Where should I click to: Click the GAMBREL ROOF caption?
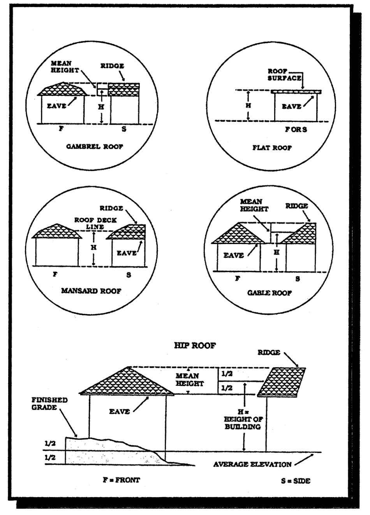pos(95,147)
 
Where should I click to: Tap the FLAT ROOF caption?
pos(272,148)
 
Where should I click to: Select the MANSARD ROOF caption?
pos(91,291)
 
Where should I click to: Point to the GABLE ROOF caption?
pos(270,293)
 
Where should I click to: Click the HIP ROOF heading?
pos(195,345)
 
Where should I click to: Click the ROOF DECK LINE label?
pos(95,223)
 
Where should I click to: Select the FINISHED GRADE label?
pos(49,403)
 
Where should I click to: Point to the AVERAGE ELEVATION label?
pos(252,464)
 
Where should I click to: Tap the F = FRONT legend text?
pos(121,480)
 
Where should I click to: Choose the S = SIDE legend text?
pos(296,481)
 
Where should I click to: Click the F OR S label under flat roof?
pos(296,130)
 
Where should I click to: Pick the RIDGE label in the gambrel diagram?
pos(112,66)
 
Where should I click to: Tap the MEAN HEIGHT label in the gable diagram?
pos(254,205)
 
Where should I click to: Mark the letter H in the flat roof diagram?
pos(248,105)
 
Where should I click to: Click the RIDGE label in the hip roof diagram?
pos(269,352)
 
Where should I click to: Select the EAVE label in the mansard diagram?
pos(127,253)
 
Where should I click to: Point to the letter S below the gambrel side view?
pos(124,129)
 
